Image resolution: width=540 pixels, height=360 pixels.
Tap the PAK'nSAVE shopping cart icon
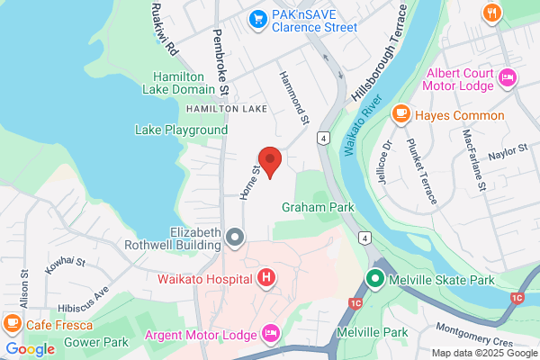pyautogui.click(x=258, y=17)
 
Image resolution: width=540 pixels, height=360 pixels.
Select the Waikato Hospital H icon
pyautogui.click(x=266, y=278)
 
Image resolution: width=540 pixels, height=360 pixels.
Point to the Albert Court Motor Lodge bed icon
pyautogui.click(x=507, y=78)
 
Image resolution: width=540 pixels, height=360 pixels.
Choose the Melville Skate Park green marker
pyautogui.click(x=378, y=280)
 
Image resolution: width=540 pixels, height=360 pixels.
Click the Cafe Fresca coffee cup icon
pyautogui.click(x=13, y=322)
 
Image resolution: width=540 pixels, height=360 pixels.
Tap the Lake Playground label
pyautogui.click(x=181, y=130)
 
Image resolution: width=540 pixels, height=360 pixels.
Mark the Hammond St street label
pyautogui.click(x=294, y=97)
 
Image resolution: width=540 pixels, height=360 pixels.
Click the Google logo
pyautogui.click(x=30, y=348)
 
